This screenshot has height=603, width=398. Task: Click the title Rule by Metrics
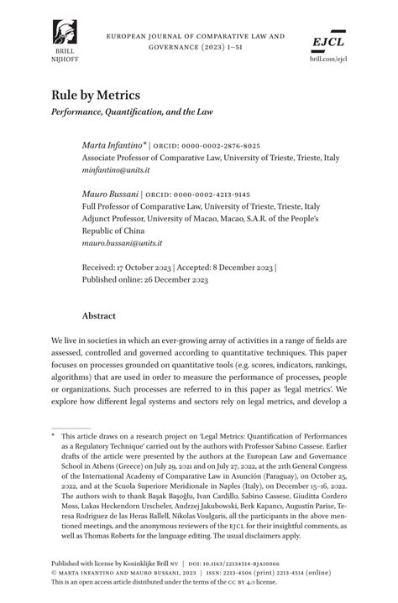click(x=96, y=96)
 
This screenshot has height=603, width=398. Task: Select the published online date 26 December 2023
click(x=172, y=280)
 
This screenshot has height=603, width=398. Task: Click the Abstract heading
click(x=98, y=316)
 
